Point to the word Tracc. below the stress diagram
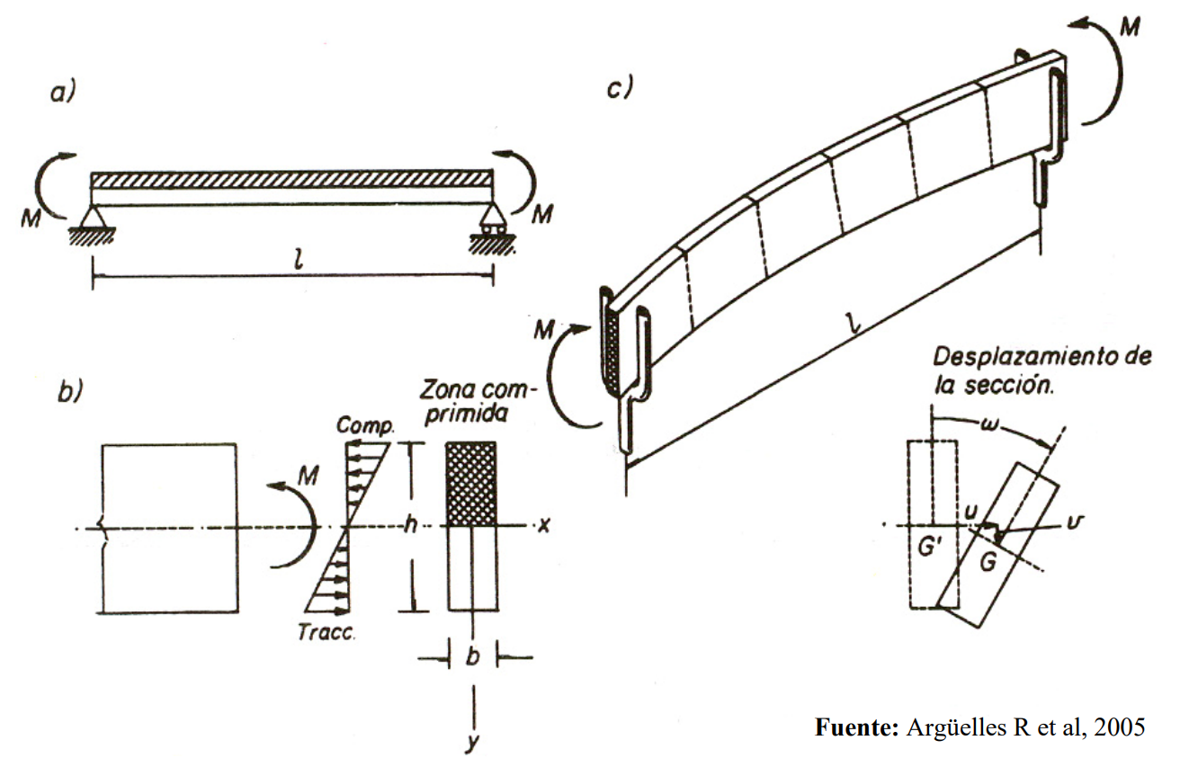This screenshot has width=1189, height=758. pos(326,632)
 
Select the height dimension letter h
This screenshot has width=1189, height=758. pos(410,527)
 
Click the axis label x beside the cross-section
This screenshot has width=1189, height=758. pos(542,525)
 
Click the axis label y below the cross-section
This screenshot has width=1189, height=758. pos(471,743)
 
